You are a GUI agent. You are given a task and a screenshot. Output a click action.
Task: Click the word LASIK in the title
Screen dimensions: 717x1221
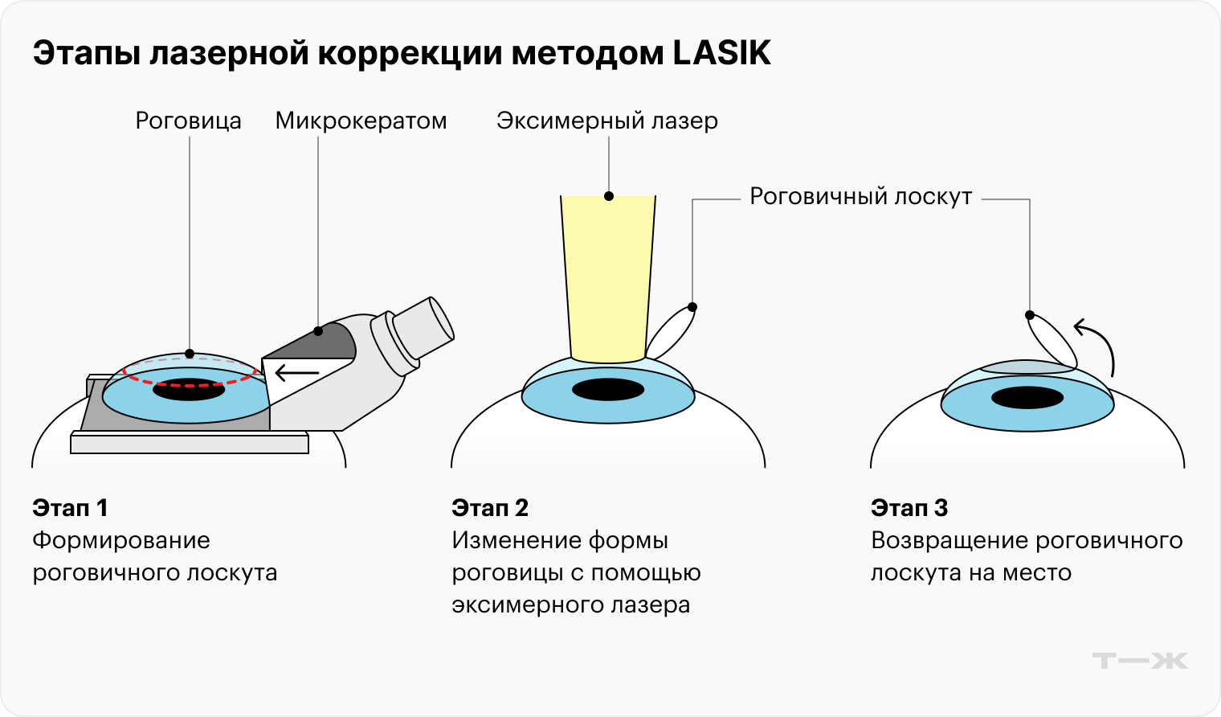721,54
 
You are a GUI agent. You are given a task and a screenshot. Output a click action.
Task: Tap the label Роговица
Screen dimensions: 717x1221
188,121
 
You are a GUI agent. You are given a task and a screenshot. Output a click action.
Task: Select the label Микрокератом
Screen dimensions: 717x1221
361,121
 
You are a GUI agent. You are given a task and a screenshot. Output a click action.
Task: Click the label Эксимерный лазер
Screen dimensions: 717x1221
607,121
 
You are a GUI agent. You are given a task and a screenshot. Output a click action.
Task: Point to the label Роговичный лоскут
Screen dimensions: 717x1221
860,197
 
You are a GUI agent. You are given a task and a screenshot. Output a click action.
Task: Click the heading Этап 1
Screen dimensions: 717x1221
70,508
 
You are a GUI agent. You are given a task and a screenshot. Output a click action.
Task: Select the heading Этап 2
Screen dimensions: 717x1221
490,508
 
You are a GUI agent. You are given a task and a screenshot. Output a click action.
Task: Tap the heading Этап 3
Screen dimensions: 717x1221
909,508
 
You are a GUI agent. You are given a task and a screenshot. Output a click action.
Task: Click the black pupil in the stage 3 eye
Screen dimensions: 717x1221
1027,397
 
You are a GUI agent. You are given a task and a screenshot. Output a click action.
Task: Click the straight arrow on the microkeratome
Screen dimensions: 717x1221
296,373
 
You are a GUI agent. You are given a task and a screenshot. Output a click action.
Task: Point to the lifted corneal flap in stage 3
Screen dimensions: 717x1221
1053,341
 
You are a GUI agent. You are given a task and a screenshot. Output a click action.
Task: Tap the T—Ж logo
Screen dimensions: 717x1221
1140,661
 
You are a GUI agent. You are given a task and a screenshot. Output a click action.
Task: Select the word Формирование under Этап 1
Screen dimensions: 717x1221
121,540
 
